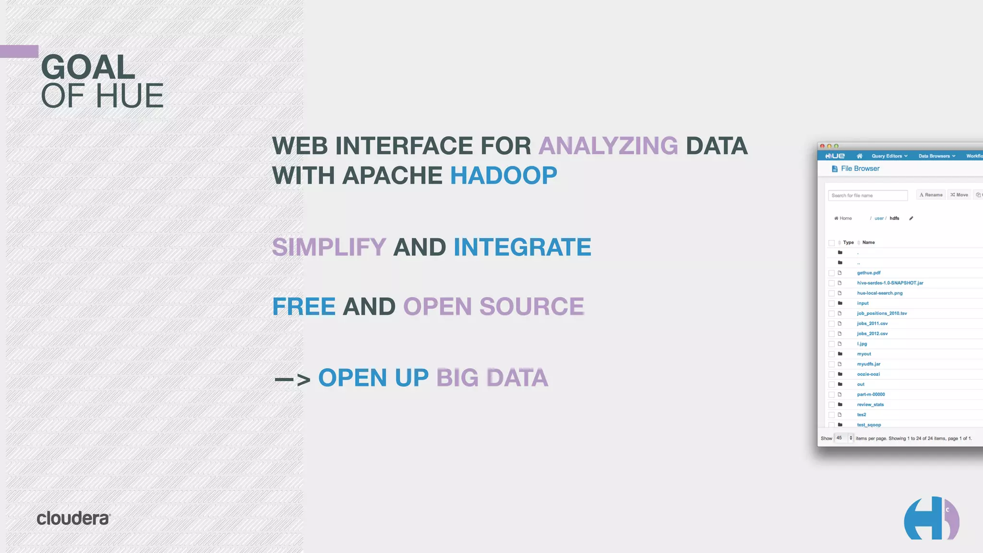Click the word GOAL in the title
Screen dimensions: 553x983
[88, 67]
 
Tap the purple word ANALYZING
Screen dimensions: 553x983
[608, 146]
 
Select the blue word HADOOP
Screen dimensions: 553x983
[503, 176]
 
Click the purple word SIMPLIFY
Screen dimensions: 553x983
[329, 248]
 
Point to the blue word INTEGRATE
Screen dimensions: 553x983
[522, 248]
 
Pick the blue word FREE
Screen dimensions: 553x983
[303, 307]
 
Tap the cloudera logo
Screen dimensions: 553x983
[73, 518]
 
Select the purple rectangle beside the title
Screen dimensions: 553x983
[19, 51]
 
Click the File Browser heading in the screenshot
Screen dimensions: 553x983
[860, 169]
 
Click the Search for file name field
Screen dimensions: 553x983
[867, 195]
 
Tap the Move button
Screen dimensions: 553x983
[959, 195]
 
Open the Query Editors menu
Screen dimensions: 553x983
[889, 156]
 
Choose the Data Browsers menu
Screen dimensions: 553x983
[936, 156]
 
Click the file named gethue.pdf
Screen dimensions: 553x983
[869, 273]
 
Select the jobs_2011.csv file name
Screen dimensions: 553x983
[872, 324]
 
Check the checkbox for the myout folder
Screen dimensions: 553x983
[831, 354]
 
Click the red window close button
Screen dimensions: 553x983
[822, 146]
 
